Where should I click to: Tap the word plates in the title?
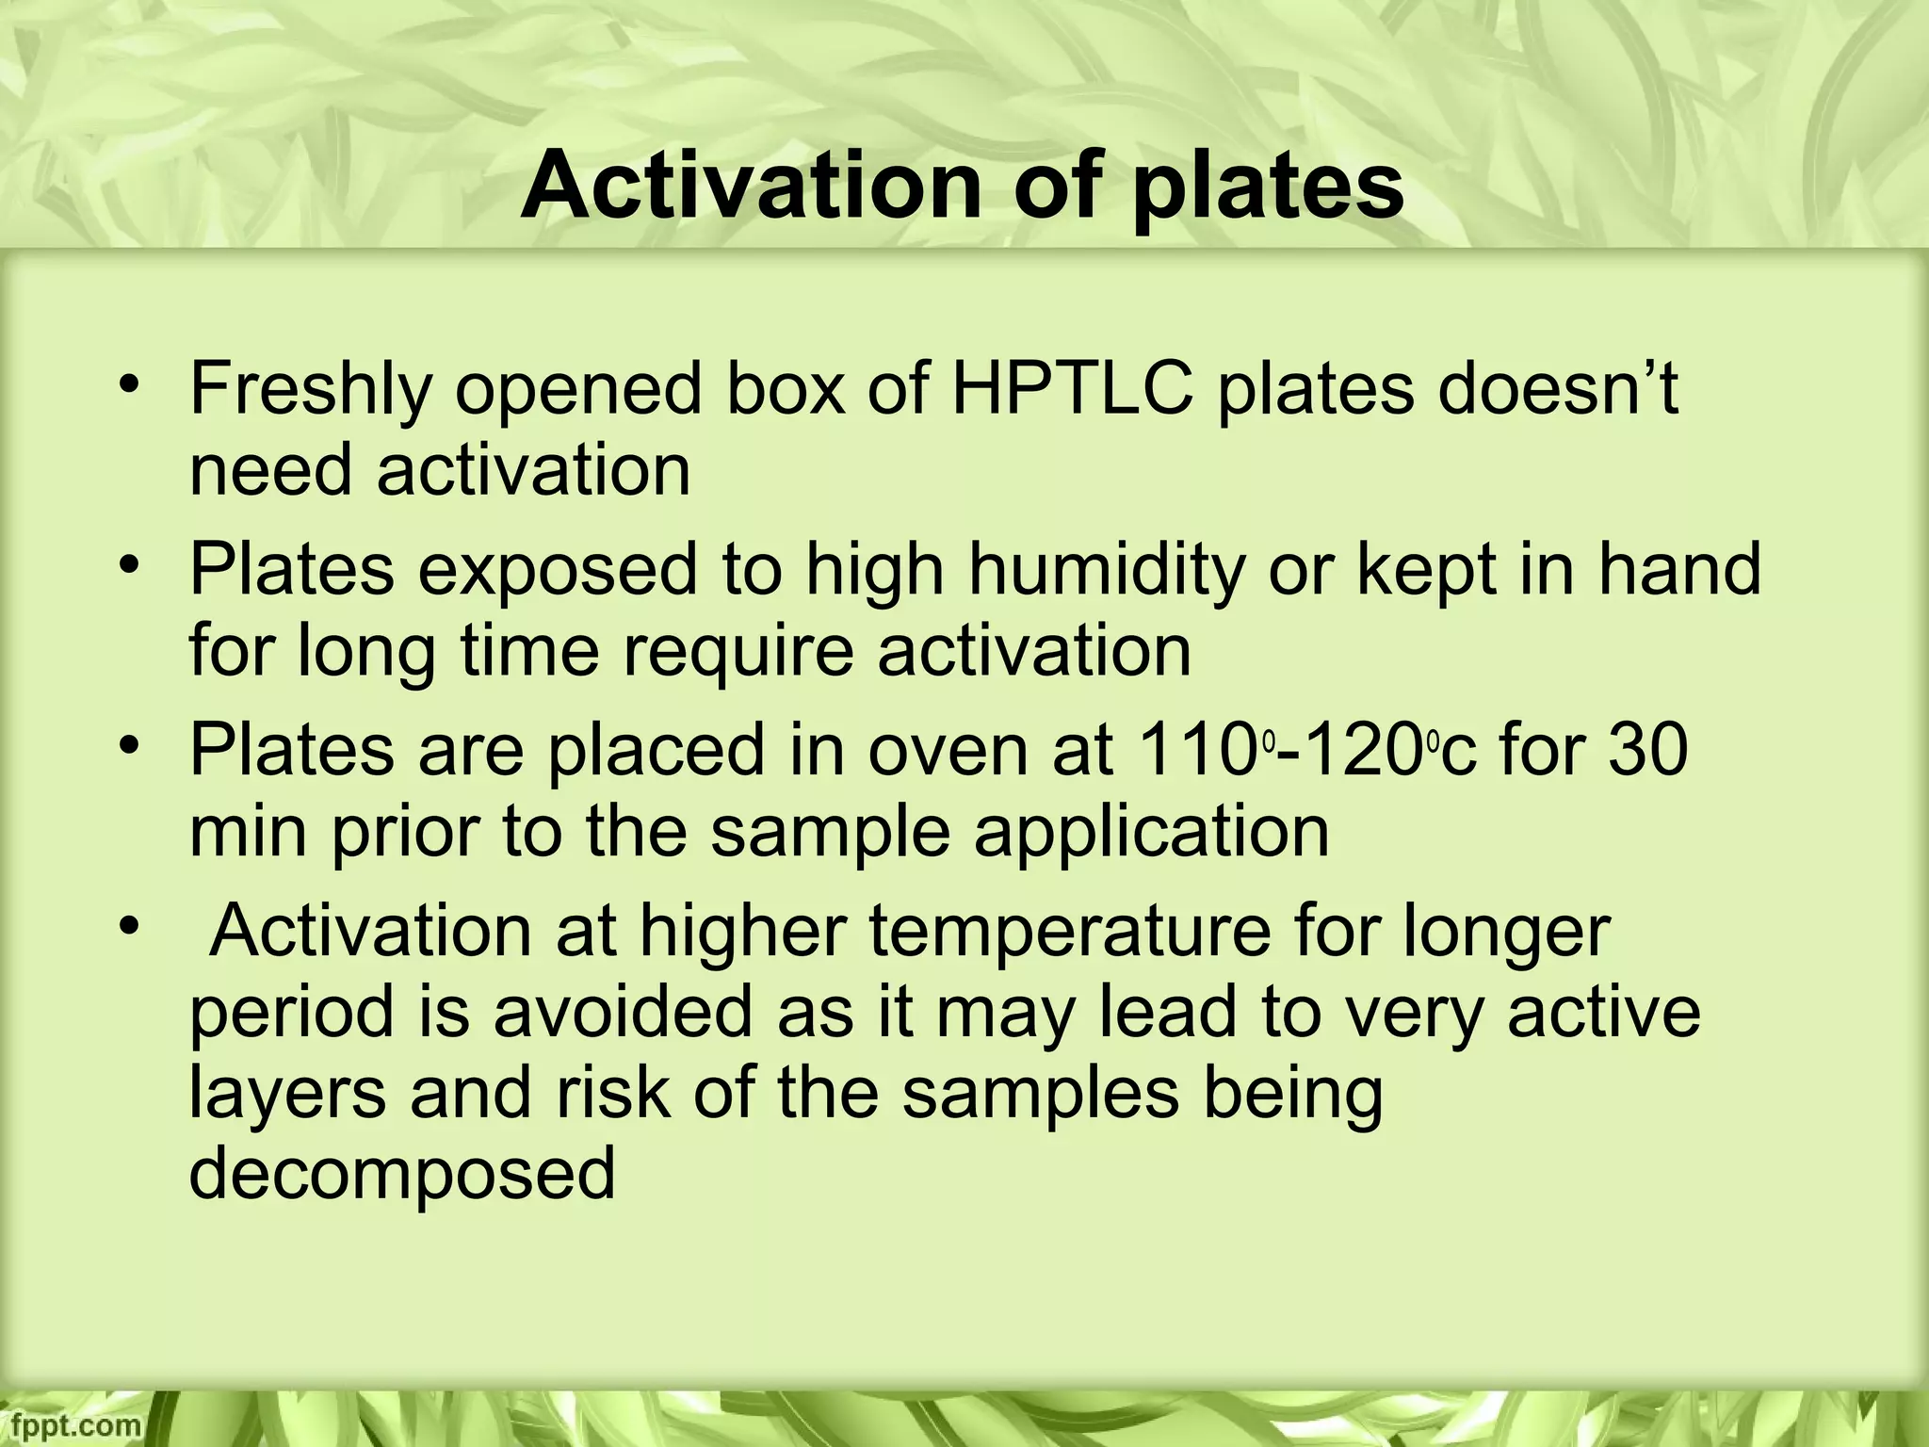coord(1268,188)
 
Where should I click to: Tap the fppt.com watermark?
coord(71,1423)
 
